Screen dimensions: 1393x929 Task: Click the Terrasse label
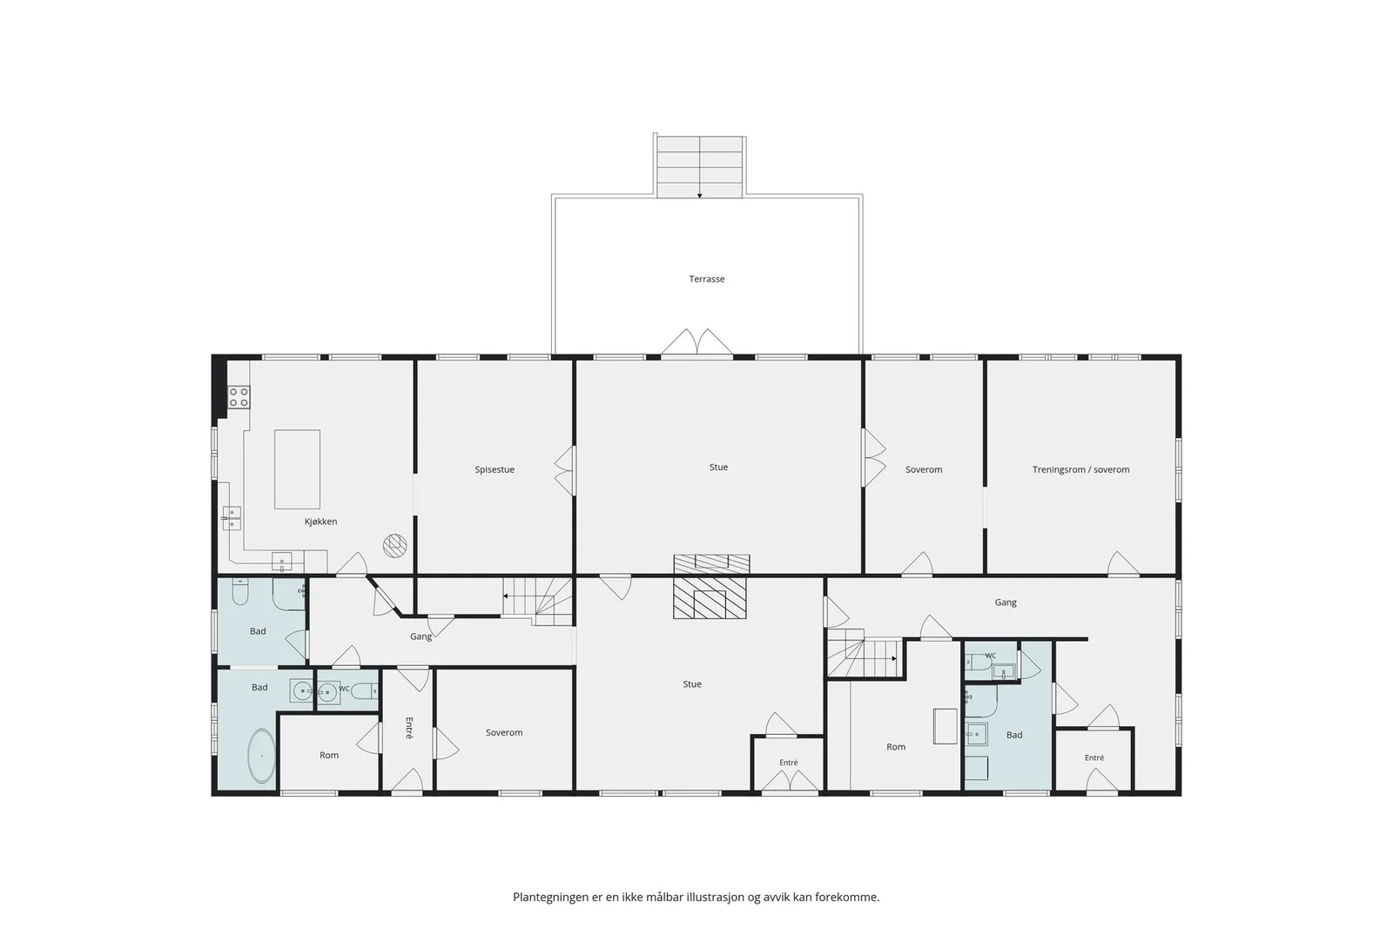point(706,279)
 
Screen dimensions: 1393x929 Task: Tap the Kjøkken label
point(320,522)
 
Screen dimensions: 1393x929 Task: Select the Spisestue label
point(495,469)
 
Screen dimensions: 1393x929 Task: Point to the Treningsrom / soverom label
point(1080,469)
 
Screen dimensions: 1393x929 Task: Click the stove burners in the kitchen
point(239,397)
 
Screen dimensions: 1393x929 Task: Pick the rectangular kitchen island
point(297,468)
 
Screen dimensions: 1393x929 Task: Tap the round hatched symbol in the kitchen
point(395,545)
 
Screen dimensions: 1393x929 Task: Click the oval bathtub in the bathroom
point(262,756)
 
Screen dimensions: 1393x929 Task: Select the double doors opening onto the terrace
point(697,342)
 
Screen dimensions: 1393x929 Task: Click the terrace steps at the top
point(700,166)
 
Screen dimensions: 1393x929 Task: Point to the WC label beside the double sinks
point(345,689)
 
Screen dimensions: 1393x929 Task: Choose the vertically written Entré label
point(408,728)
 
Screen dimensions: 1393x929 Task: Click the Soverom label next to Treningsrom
point(924,469)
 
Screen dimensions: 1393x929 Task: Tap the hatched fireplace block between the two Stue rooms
point(710,587)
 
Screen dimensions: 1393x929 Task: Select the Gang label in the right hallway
point(1006,602)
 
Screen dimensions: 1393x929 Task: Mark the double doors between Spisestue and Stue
point(565,470)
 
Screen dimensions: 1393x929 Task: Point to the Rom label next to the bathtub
point(329,755)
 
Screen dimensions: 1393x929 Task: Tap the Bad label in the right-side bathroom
point(1014,735)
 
